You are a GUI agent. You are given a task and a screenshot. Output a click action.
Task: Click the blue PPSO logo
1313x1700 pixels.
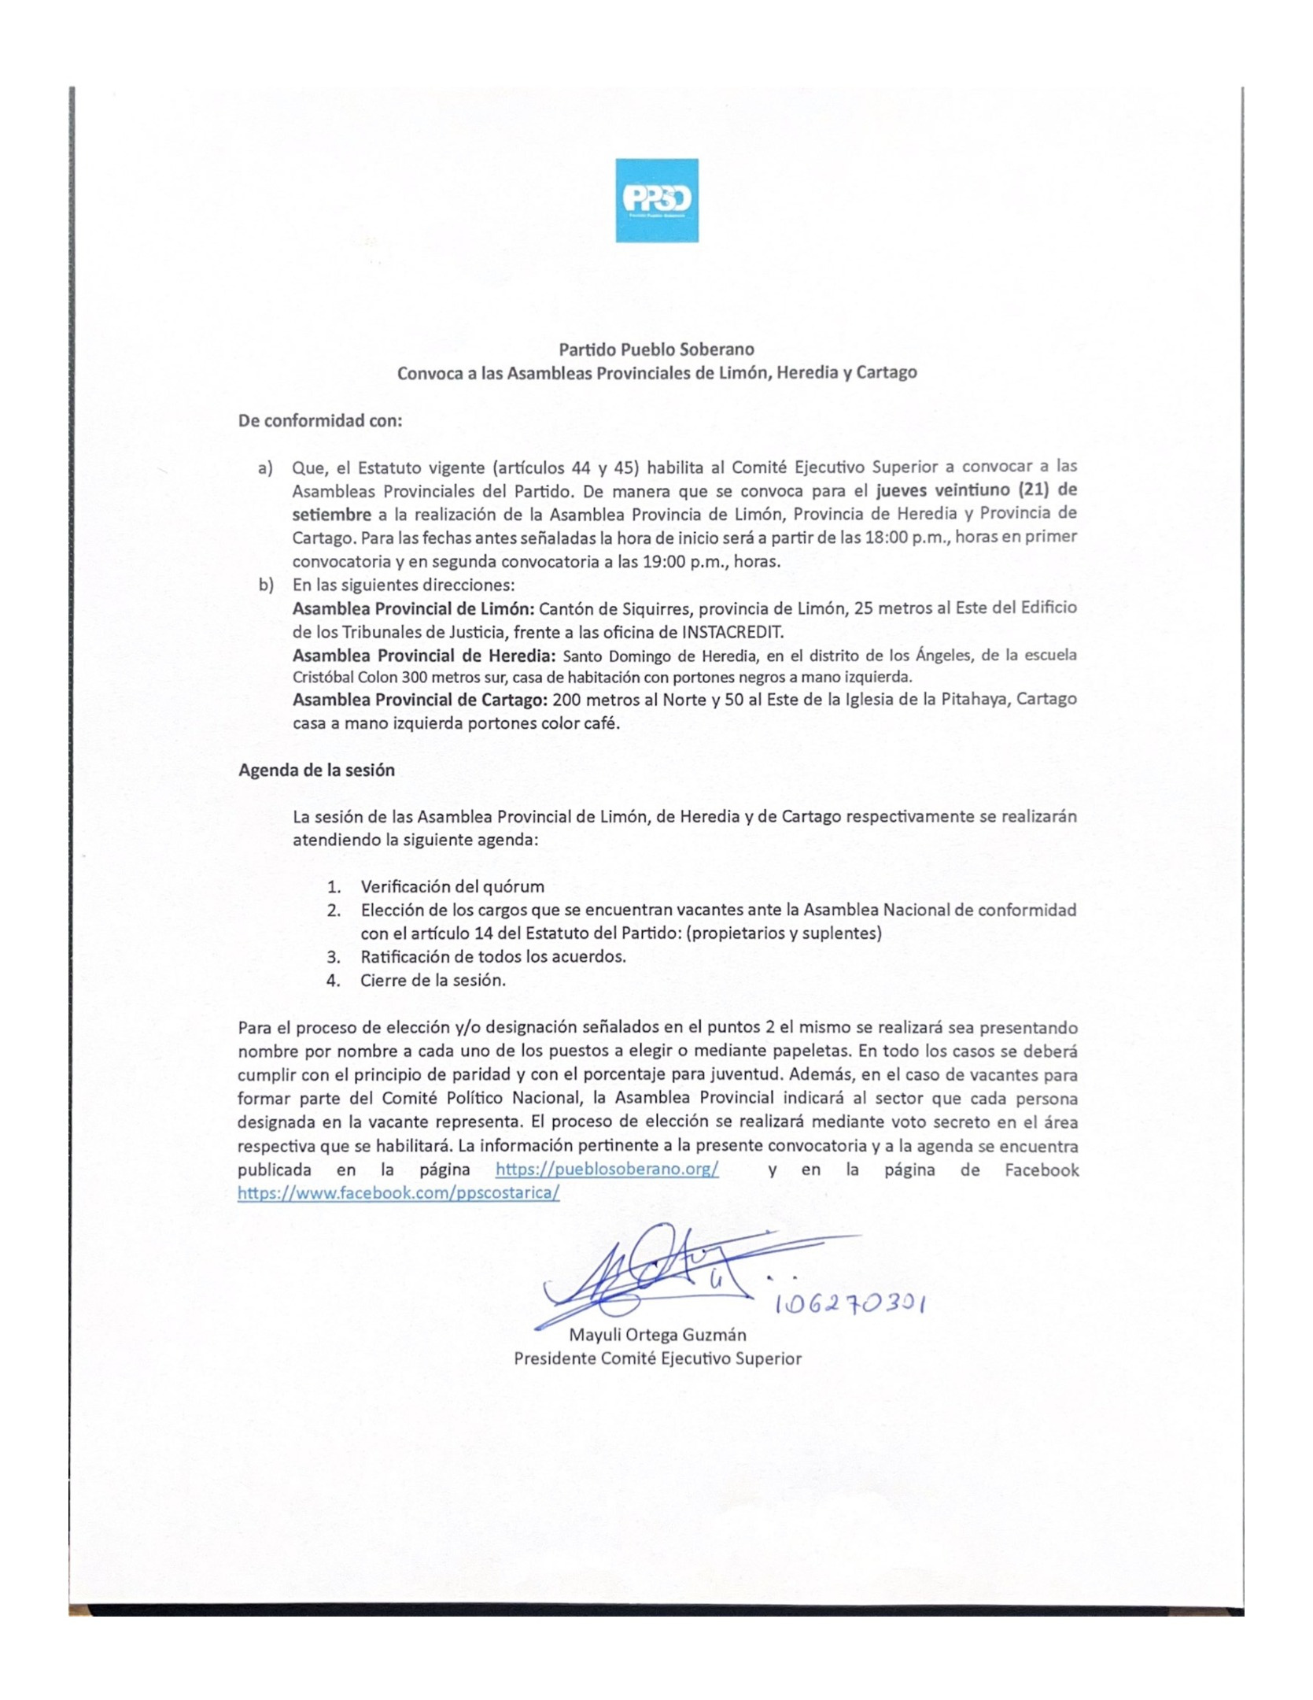coord(656,200)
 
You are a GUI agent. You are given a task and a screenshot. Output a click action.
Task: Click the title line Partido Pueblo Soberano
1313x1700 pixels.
coord(656,349)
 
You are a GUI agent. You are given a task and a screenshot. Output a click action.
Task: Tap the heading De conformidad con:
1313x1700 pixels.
coord(320,420)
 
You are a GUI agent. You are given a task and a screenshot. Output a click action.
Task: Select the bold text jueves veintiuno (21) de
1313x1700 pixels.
coord(976,490)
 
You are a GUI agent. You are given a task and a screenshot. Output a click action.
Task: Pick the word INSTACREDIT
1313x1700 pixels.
coord(732,631)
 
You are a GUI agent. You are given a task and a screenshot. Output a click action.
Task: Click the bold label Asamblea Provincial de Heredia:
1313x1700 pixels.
coord(424,656)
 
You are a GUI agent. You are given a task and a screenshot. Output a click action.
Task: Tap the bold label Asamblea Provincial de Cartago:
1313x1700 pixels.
coord(420,700)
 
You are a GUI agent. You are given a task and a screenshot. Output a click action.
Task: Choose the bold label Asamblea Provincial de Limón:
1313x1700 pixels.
coord(414,608)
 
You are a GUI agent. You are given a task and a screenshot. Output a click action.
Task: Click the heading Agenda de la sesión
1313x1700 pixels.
coord(316,771)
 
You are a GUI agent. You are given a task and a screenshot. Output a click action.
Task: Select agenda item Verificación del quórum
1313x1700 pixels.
coord(452,886)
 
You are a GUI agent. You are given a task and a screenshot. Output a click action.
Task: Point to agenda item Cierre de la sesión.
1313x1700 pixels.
coord(433,980)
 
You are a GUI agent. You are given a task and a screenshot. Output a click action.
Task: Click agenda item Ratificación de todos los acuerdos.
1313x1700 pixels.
coord(493,956)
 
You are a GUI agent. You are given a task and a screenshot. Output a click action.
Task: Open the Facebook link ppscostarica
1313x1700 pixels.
coord(398,1192)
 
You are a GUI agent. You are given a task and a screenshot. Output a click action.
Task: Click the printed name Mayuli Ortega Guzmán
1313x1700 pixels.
coord(657,1335)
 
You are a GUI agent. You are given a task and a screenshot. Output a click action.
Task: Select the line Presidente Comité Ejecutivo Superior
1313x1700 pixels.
coord(657,1358)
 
